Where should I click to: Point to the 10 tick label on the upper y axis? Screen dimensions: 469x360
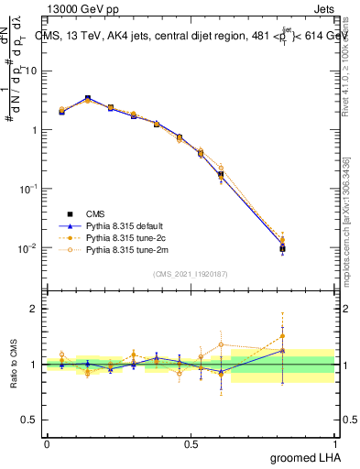[x=32, y=71]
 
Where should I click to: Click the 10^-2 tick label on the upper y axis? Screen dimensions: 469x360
[x=29, y=248]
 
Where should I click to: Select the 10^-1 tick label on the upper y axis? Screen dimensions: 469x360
[x=29, y=189]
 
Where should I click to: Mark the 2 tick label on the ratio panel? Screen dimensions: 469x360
[x=36, y=309]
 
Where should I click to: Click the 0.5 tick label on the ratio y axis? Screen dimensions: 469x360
[x=30, y=421]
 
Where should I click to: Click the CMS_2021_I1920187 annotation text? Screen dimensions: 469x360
[x=191, y=273]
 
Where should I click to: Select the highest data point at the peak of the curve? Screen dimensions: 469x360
[x=87, y=98]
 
